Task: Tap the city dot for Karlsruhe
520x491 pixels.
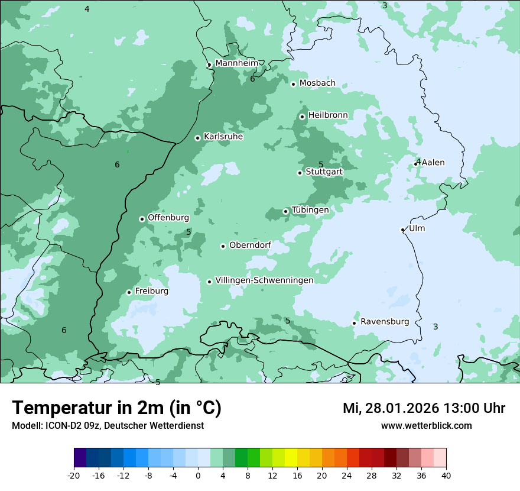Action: pos(198,138)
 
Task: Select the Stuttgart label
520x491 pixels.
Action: pos(324,172)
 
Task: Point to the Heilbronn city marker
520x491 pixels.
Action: pos(302,117)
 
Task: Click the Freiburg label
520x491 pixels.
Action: pos(151,291)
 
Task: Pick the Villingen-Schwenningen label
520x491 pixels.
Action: pos(264,280)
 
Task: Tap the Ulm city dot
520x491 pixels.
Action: pos(402,230)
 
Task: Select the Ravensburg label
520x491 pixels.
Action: pos(385,322)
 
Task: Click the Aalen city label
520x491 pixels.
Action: pos(433,163)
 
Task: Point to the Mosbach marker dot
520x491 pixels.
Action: pos(293,84)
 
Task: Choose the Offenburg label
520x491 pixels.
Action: pos(168,218)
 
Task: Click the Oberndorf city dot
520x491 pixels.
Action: pos(223,246)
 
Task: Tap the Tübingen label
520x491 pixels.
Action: pos(310,210)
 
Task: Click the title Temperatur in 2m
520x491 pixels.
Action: pos(116,408)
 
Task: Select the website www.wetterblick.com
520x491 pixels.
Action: pos(426,425)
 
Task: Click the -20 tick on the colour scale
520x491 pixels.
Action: pos(74,475)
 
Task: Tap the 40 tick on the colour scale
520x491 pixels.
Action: pos(446,475)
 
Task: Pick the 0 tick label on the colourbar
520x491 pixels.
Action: pos(198,475)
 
